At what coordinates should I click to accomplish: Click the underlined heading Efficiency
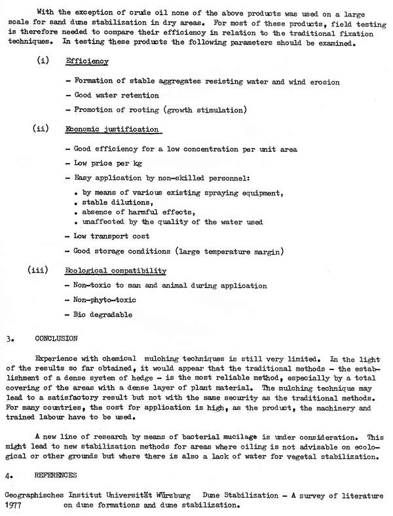[x=87, y=61]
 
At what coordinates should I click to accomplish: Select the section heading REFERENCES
[x=53, y=475]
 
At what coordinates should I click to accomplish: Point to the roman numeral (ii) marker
[x=43, y=128]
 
